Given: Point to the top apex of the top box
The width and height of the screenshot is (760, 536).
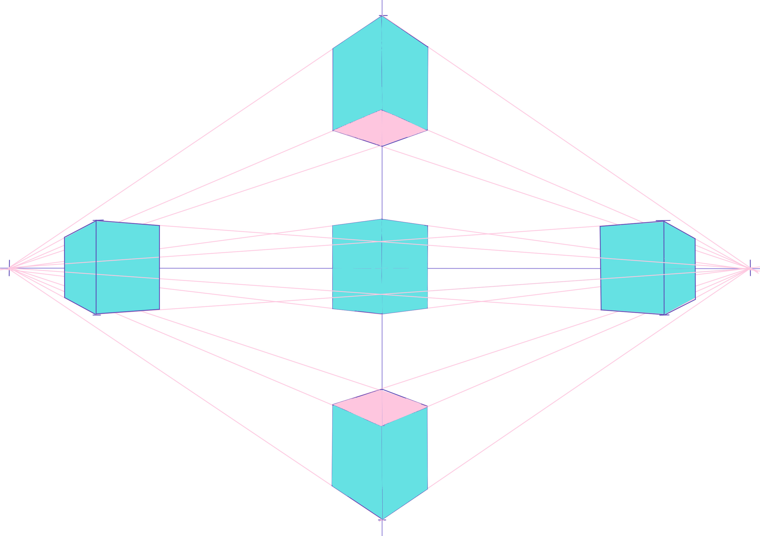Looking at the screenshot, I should coord(382,16).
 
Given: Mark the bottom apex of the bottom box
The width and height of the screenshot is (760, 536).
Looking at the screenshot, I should coord(382,519).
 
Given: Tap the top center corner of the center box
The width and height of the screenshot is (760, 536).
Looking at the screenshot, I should coord(382,219).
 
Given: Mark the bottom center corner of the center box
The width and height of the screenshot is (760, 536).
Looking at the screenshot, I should coord(382,314).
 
